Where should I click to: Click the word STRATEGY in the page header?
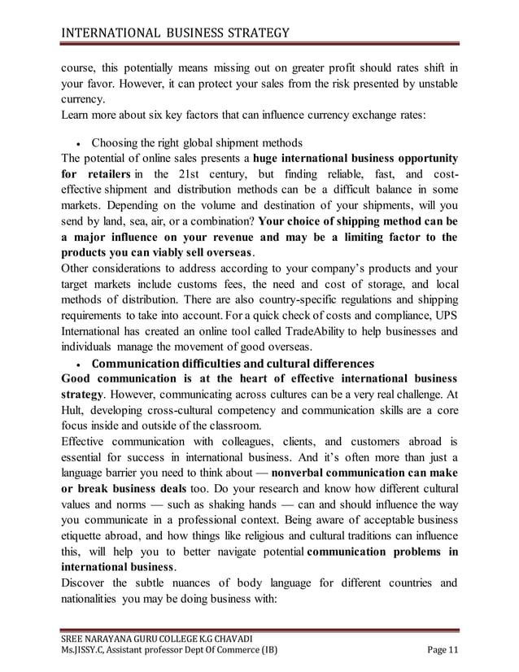(x=248, y=33)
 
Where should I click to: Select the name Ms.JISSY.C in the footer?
(x=87, y=648)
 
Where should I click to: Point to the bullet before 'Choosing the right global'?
(x=76, y=142)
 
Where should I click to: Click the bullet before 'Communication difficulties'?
(x=76, y=363)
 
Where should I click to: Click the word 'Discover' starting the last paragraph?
(x=87, y=583)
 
